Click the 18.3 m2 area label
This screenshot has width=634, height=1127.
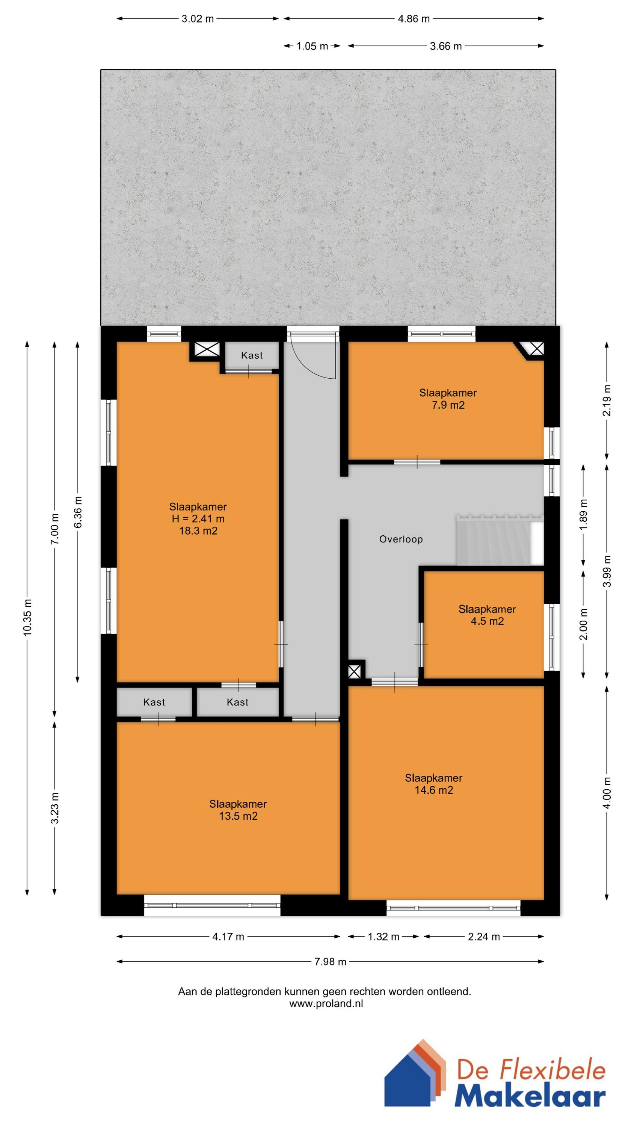[198, 531]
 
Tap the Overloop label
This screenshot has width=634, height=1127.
[401, 539]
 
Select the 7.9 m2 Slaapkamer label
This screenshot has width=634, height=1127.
[448, 399]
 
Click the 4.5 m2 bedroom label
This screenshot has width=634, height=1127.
[487, 615]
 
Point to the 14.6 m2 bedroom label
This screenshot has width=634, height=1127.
[433, 784]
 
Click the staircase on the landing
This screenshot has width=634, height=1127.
[499, 540]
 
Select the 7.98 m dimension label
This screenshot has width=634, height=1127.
[331, 962]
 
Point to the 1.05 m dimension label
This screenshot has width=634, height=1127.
[312, 46]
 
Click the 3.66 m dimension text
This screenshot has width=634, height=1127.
[445, 46]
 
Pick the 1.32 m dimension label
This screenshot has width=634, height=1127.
[383, 937]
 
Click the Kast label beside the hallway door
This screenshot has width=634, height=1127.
[252, 355]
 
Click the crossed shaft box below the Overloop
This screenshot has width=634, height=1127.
[355, 671]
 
